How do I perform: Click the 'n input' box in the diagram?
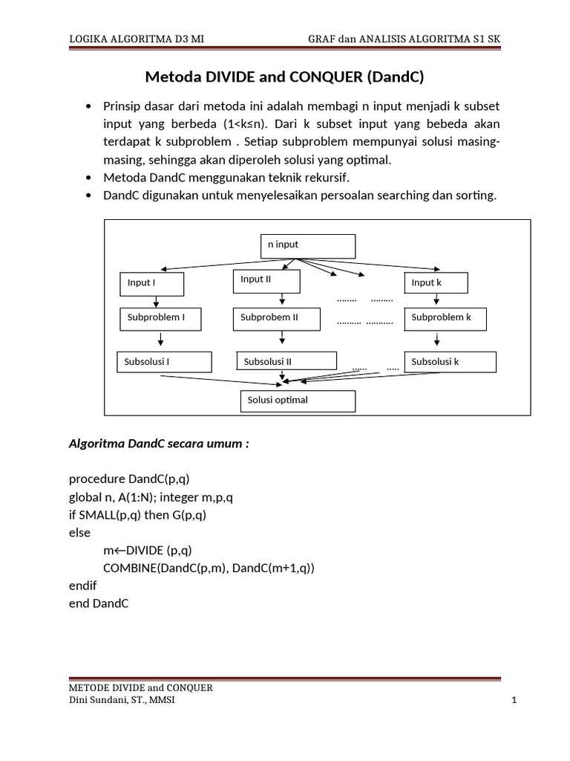pos(307,245)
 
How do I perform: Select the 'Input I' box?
pos(151,284)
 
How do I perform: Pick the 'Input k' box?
pos(436,283)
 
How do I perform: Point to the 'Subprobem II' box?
pos(278,318)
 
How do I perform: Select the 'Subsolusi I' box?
pos(164,362)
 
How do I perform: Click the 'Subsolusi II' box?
pos(284,362)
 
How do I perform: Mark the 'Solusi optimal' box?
pos(298,401)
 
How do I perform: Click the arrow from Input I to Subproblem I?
pos(156,301)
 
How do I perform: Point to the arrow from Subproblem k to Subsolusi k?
pos(437,339)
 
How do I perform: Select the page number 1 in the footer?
pos(513,700)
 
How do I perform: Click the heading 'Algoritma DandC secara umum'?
pos(159,444)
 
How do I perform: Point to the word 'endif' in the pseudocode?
pos(83,586)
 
